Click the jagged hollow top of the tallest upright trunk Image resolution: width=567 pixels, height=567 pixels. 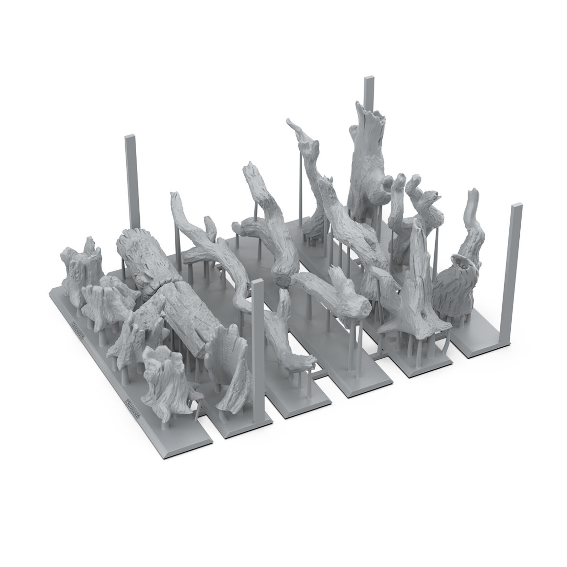[371, 111]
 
